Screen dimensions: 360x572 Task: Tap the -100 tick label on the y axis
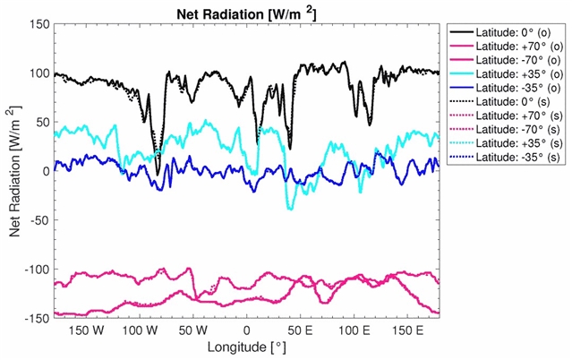coord(36,270)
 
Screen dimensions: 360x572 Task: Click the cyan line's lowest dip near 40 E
coord(289,209)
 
